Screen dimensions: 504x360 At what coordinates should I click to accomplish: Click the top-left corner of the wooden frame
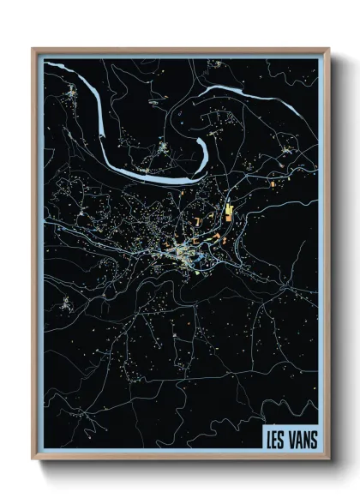point(33,50)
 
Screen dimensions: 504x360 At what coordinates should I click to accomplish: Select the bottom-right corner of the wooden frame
point(328,459)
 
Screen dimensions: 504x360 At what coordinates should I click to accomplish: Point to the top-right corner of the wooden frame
point(328,50)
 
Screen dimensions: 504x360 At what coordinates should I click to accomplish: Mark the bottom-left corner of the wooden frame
point(33,459)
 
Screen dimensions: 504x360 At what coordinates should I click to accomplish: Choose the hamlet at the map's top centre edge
point(216,63)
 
